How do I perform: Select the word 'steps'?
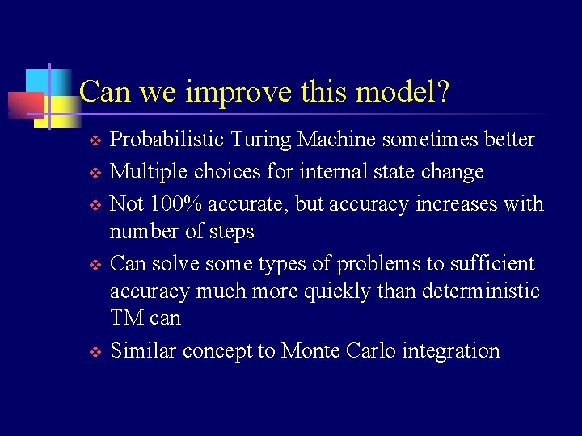232,232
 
